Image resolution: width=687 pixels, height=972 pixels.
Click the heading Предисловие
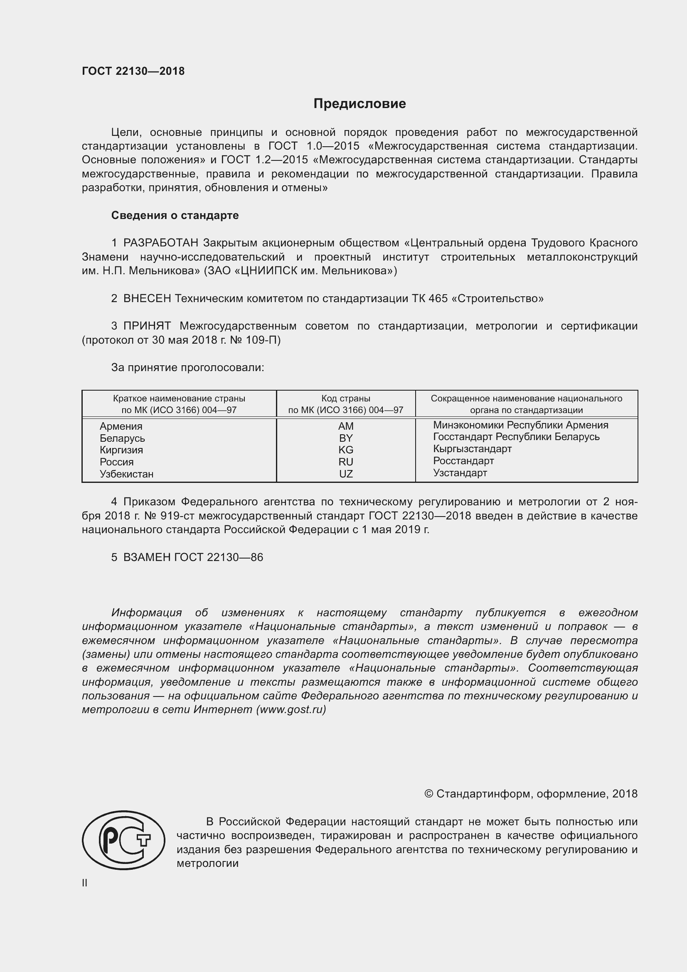360,104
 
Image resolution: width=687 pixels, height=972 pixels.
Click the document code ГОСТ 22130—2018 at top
133,71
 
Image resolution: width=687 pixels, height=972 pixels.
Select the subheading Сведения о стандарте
175,216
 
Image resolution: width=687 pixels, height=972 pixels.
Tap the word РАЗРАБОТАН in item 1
160,243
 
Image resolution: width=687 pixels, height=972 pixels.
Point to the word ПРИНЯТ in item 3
147,326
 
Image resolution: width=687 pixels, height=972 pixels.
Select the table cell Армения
121,426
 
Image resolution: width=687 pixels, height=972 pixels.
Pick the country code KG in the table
346,450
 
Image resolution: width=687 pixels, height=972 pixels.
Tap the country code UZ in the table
346,474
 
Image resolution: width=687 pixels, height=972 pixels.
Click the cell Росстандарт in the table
463,461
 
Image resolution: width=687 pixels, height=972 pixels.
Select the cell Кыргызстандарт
473,449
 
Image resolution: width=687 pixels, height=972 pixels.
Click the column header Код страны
346,399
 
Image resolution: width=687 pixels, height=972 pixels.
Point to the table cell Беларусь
122,438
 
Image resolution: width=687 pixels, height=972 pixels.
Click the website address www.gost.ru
291,710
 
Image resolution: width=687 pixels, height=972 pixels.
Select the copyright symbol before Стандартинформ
428,794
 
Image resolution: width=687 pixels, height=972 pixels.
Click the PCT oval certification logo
123,840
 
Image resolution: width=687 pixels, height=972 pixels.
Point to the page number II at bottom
85,883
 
